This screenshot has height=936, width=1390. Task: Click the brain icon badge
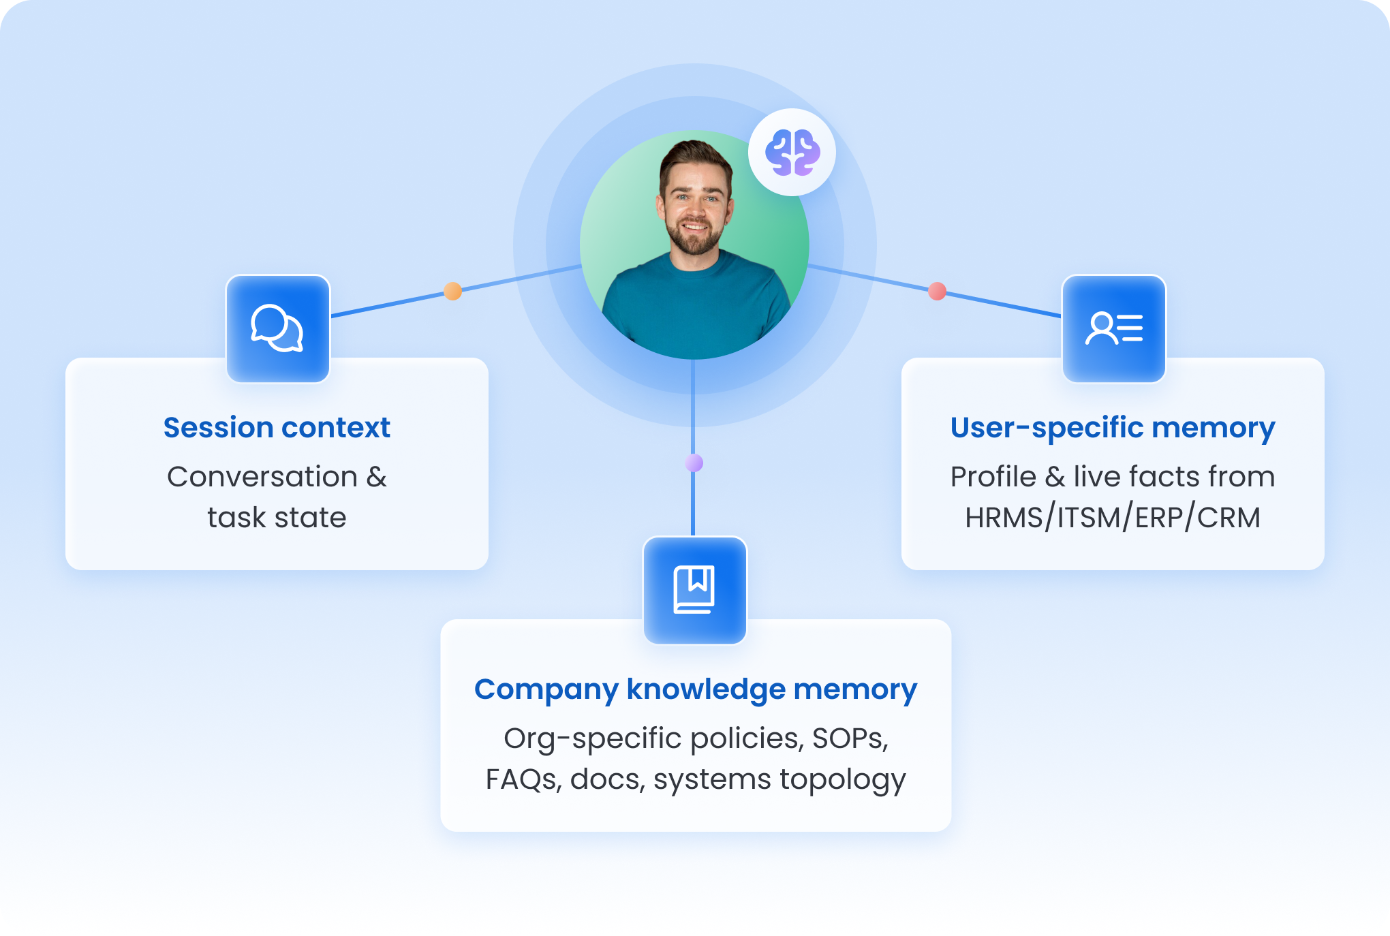(x=792, y=153)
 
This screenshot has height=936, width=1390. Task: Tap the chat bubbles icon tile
(x=278, y=328)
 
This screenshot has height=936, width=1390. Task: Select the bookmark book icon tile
(x=695, y=590)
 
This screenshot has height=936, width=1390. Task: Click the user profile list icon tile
(x=1114, y=328)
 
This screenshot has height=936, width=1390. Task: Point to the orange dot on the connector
(x=453, y=292)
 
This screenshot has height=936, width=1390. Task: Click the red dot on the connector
(x=938, y=292)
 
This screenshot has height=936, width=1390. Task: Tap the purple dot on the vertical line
(x=694, y=463)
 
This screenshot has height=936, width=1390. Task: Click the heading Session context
(x=277, y=428)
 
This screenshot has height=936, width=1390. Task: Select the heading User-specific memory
(x=1113, y=428)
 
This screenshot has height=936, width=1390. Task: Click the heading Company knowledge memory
(x=696, y=689)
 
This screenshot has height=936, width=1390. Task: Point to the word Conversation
(x=262, y=477)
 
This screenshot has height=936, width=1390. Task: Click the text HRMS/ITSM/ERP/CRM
(x=1113, y=518)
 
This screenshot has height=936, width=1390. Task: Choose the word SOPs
(x=850, y=738)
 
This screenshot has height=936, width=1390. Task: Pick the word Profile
(x=993, y=477)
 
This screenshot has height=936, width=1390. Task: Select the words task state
(x=277, y=518)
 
